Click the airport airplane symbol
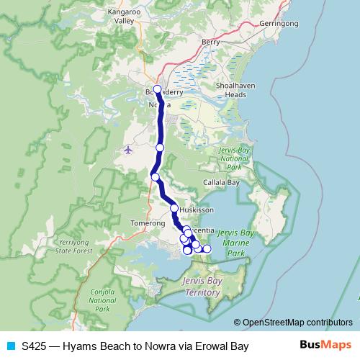coord(128,150)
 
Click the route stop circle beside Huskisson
coord(174,208)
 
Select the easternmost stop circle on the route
coord(207,249)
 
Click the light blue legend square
coord(9,346)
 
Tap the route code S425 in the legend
coord(34,346)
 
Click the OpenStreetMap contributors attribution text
coord(297,323)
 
